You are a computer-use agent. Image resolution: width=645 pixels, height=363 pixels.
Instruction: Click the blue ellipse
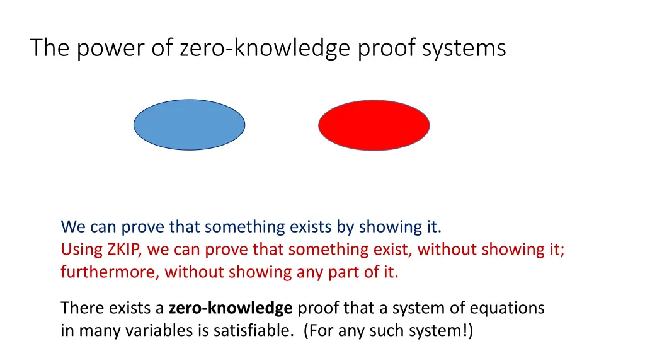189,125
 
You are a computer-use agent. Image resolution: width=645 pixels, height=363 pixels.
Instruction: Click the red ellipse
374,125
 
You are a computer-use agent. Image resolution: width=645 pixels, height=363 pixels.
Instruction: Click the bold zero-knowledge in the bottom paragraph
231,308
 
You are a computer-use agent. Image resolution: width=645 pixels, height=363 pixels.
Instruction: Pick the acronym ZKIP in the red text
124,250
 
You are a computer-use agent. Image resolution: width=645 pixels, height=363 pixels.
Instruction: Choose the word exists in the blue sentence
306,226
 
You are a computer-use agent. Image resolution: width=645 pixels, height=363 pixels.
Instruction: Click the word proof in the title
382,48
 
